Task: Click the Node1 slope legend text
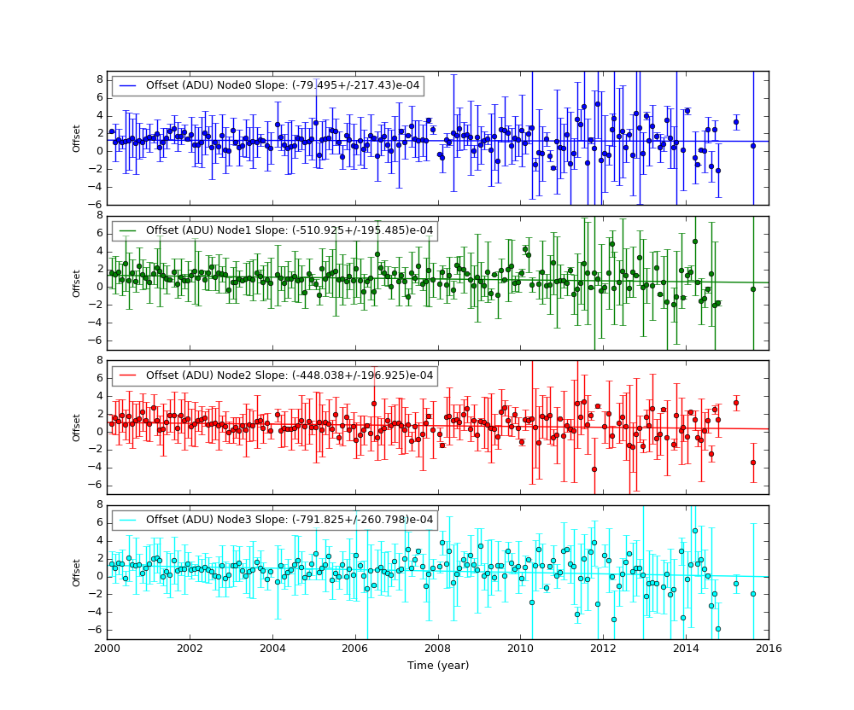point(290,230)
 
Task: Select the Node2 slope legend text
point(290,375)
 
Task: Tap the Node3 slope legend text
point(290,520)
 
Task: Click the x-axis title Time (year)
point(437,666)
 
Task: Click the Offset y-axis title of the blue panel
point(77,138)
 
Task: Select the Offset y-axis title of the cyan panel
point(77,573)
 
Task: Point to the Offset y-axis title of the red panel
point(77,428)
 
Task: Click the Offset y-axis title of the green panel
point(77,283)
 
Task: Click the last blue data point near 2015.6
point(753,146)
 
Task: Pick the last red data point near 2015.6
point(753,463)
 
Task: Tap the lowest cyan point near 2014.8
point(718,629)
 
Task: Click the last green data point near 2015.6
point(753,289)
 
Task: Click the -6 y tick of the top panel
point(98,205)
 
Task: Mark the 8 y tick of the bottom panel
point(100,505)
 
